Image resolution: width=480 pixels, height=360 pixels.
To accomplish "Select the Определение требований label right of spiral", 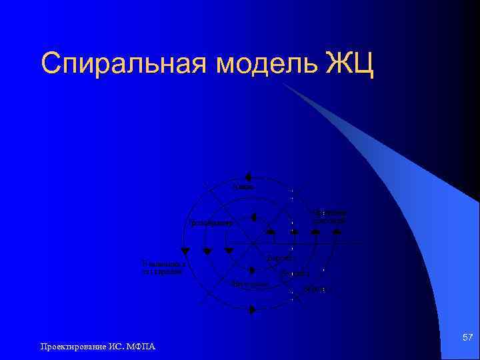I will [x=329, y=216].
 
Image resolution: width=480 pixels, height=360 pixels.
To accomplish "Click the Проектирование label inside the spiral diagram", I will [x=211, y=223].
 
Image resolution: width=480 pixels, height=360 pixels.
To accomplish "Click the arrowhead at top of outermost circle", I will [x=247, y=177].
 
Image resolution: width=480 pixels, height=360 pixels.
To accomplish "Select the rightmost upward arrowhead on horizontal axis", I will [x=337, y=231].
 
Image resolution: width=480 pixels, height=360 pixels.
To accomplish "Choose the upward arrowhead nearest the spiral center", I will [x=271, y=231].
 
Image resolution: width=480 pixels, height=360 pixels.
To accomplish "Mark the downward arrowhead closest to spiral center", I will [x=229, y=251].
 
